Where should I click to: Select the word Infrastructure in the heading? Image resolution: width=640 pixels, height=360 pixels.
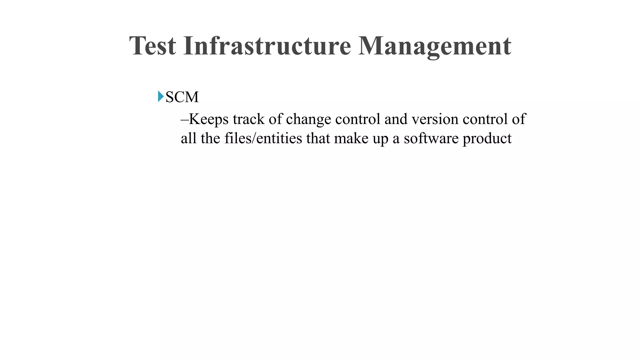click(x=267, y=46)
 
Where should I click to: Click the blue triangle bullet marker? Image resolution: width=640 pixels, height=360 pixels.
click(x=161, y=96)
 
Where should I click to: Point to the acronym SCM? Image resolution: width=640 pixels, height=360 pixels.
click(x=182, y=97)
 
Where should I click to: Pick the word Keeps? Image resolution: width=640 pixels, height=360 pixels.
click(x=208, y=120)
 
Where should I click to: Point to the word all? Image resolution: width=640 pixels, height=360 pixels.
click(x=188, y=138)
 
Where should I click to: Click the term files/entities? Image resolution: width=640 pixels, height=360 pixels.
click(x=263, y=138)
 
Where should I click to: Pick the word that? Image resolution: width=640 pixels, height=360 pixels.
click(x=318, y=138)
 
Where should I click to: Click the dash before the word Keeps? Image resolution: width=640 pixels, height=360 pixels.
click(x=184, y=120)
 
